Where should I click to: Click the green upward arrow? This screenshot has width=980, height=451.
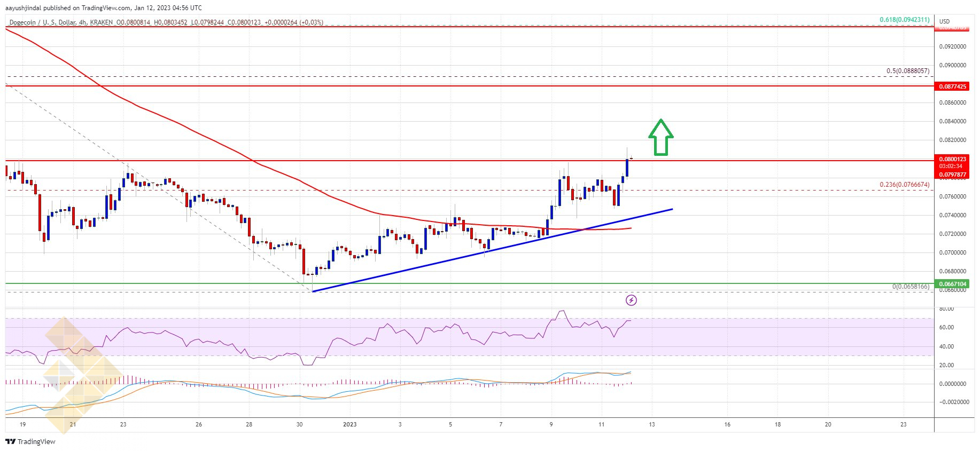(660, 137)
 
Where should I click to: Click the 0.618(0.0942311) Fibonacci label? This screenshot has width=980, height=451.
(904, 20)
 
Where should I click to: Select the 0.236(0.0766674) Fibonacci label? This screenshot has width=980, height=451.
(904, 185)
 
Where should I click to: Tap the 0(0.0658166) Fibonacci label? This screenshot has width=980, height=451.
(911, 287)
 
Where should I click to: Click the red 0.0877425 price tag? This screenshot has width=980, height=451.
(953, 86)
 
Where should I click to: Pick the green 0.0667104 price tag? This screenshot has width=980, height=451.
(953, 284)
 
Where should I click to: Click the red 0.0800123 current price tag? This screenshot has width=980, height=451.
(953, 159)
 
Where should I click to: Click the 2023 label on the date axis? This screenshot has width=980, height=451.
(349, 425)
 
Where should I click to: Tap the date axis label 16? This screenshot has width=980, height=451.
(727, 425)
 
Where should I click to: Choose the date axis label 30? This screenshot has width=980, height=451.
(299, 425)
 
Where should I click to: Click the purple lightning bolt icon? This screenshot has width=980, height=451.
(631, 300)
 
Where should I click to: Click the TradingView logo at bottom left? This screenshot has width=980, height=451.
(30, 441)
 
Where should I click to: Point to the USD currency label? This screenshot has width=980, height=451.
(945, 22)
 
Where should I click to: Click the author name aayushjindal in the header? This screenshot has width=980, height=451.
(23, 8)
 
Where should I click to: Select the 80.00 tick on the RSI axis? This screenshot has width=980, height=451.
(946, 308)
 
